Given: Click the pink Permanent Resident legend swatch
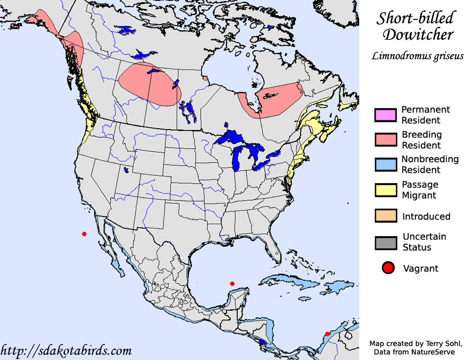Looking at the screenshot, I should click(x=385, y=115).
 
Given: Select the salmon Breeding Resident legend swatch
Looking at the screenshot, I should click(x=385, y=139).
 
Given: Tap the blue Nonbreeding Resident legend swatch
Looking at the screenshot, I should click(x=385, y=164).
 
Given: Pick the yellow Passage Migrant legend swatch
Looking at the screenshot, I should click(x=385, y=189).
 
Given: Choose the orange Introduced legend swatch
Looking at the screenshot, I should click(x=385, y=216).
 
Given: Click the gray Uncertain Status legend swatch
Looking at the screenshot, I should click(x=385, y=242).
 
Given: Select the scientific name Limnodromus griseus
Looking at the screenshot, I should click(x=417, y=56).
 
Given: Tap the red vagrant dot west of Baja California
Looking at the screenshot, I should click(x=84, y=234).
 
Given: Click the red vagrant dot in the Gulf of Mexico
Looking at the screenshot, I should click(x=232, y=284).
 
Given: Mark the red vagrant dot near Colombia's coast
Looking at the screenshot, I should click(x=327, y=334).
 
